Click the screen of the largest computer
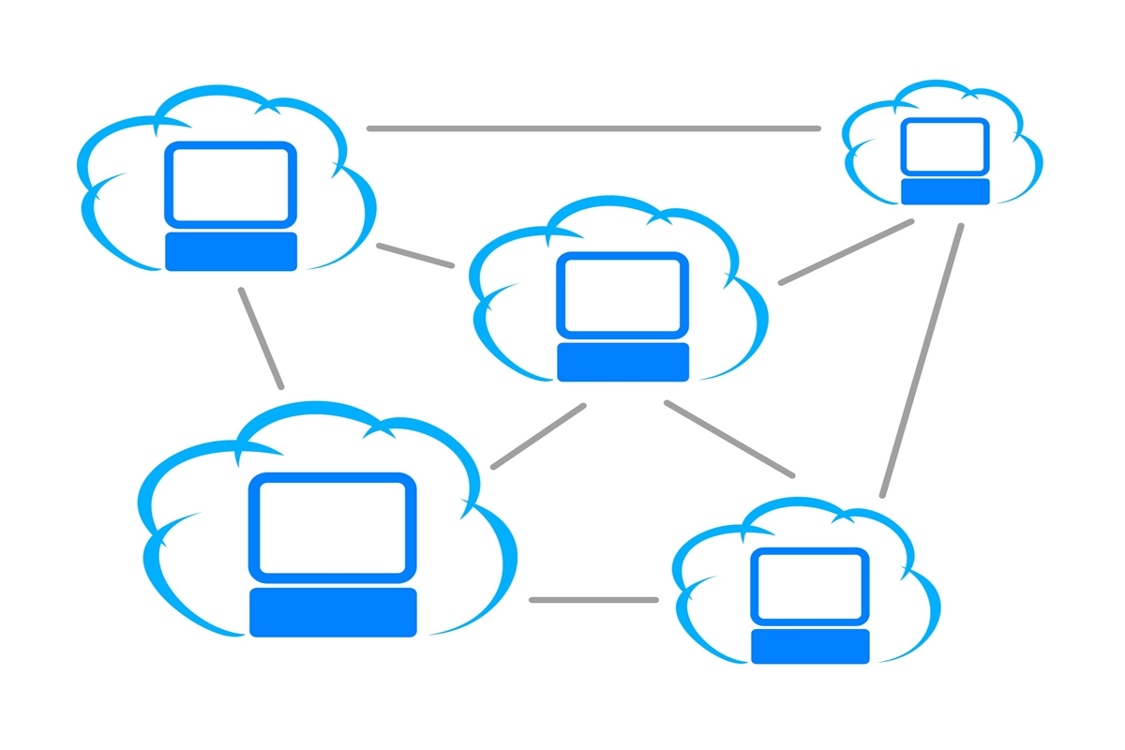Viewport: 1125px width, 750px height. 333,526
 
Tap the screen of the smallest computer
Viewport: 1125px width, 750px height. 944,146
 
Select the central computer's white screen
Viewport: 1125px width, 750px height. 622,293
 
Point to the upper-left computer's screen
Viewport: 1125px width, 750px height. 231,184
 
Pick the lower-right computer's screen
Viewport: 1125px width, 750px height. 810,585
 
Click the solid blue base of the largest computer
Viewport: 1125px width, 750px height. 333,612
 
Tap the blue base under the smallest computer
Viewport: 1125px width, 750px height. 945,191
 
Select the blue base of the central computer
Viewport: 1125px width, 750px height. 622,362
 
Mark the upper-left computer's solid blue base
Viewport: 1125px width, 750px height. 231,251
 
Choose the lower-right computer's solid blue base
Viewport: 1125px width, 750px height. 810,646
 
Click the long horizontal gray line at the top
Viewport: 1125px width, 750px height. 593,128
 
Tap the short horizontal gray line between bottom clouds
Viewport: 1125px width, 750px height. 593,599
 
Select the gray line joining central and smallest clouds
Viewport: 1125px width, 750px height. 846,251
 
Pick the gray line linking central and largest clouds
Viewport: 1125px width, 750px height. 538,436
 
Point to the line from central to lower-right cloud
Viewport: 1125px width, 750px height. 729,439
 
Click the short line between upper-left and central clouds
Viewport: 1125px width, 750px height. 415,256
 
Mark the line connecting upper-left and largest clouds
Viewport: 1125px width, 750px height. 261,337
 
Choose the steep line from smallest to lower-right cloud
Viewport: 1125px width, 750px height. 922,360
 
